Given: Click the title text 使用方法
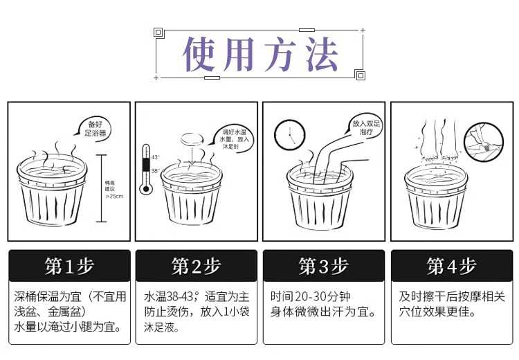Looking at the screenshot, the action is tap(259, 53).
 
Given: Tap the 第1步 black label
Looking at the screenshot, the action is tap(69, 265).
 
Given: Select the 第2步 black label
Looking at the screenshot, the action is tap(196, 265).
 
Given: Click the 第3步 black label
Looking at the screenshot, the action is tap(323, 265).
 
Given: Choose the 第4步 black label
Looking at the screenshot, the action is tap(451, 265).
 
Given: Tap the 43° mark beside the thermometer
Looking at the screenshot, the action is tap(155, 157).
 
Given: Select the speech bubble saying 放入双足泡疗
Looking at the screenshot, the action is tap(365, 127).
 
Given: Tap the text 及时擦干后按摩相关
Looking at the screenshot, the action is tap(452, 296).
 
